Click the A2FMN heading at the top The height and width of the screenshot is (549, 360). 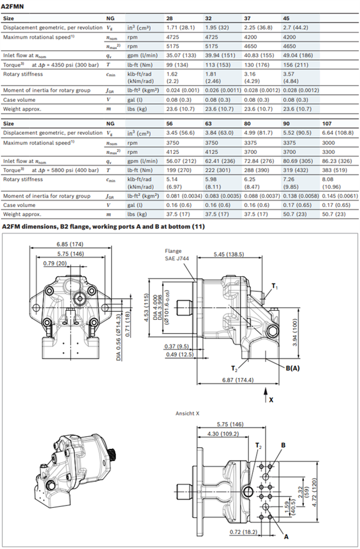14,6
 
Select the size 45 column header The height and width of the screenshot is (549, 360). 286,18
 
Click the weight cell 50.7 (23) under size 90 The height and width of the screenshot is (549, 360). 295,214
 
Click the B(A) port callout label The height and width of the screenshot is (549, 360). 292,369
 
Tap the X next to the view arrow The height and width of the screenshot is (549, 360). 271,399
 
